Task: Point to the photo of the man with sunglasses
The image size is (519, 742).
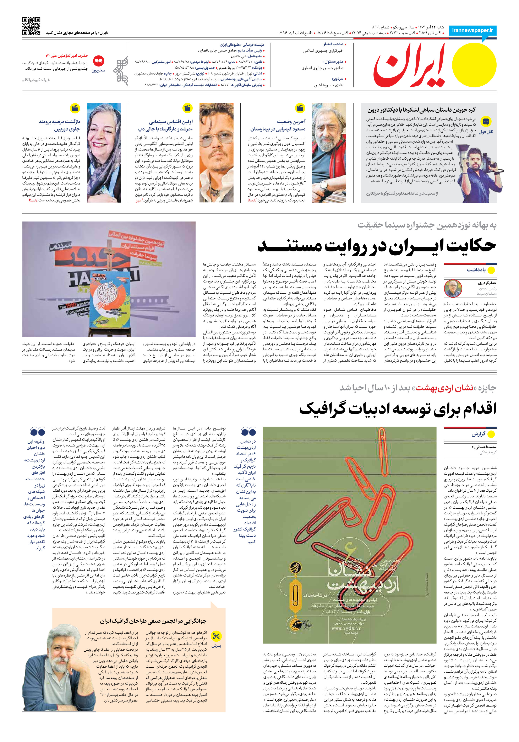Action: pyautogui.click(x=216, y=153)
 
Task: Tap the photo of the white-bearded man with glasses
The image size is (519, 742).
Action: pyautogui.click(x=329, y=153)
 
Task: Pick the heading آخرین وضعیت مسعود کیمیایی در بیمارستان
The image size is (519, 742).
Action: pyautogui.click(x=278, y=125)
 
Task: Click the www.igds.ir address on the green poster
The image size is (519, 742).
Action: pyautogui.click(x=346, y=629)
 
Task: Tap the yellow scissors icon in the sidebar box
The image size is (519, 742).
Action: pyautogui.click(x=216, y=636)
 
